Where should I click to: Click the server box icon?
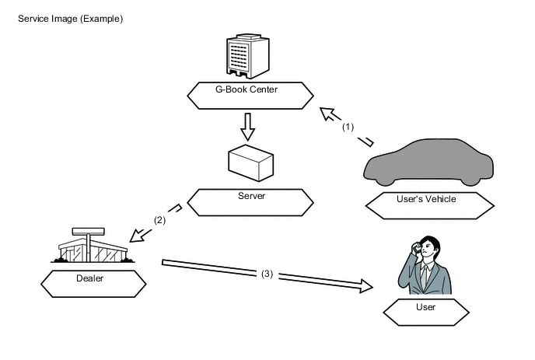(250, 162)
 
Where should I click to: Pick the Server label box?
(251, 201)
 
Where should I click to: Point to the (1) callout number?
(348, 126)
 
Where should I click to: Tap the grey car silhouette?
(430, 162)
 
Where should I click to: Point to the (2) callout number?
(159, 220)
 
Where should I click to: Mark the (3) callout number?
(266, 273)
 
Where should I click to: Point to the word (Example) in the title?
(103, 17)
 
